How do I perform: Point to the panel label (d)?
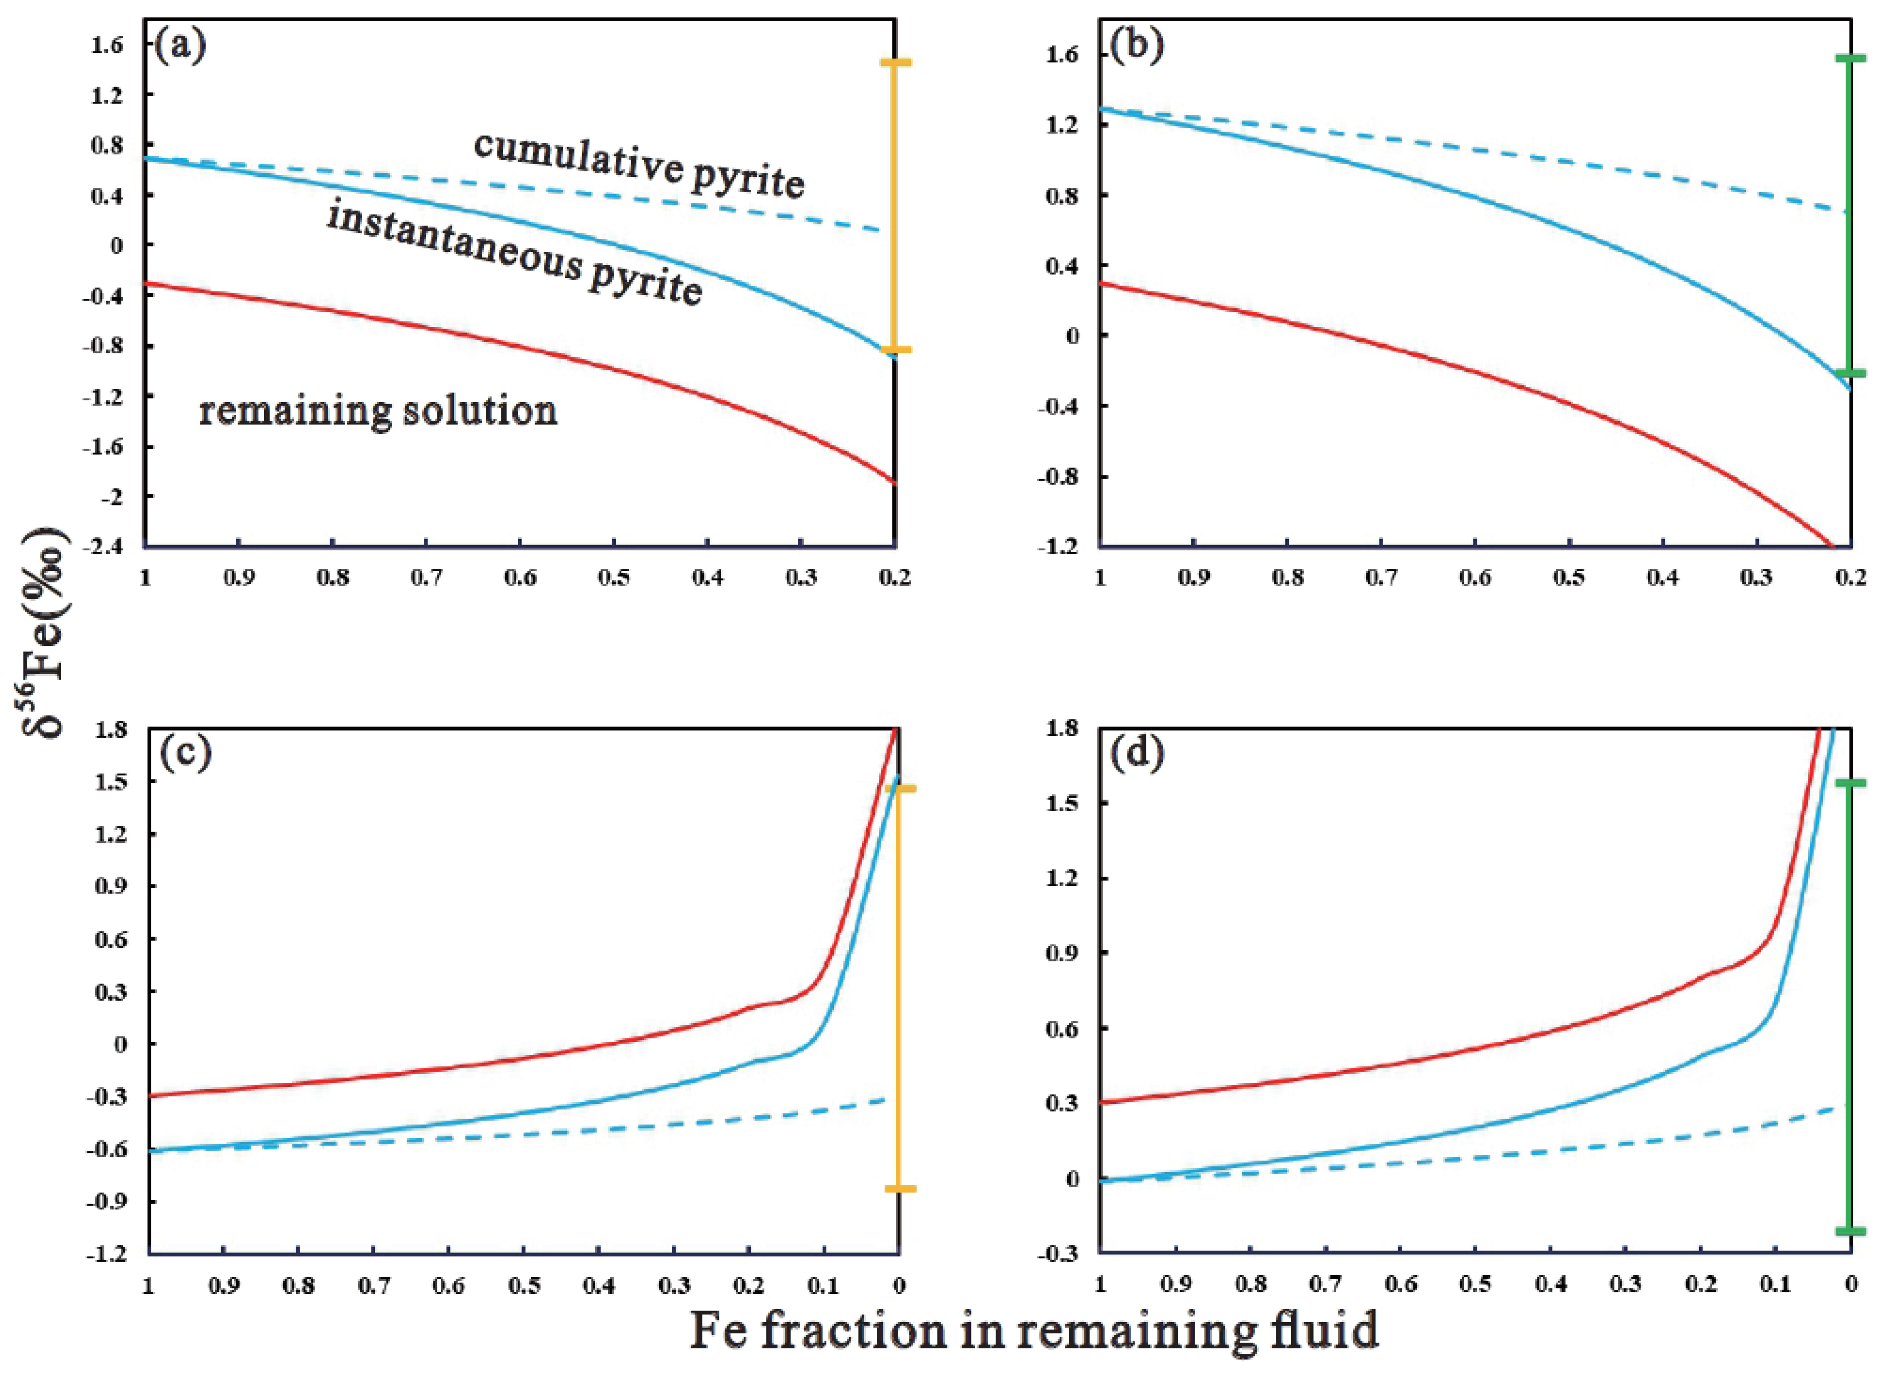click(1136, 753)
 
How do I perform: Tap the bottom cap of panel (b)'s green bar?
click(1849, 373)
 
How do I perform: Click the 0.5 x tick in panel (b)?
click(1569, 578)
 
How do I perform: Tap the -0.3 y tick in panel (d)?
click(1062, 1254)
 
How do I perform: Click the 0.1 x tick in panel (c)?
click(823, 1285)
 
